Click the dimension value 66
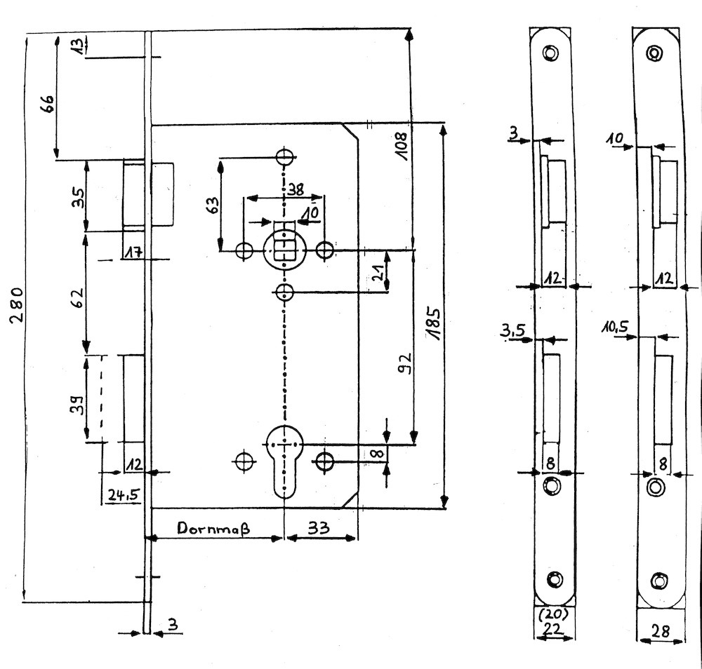[45, 104]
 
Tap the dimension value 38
[296, 188]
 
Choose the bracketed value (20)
[555, 615]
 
